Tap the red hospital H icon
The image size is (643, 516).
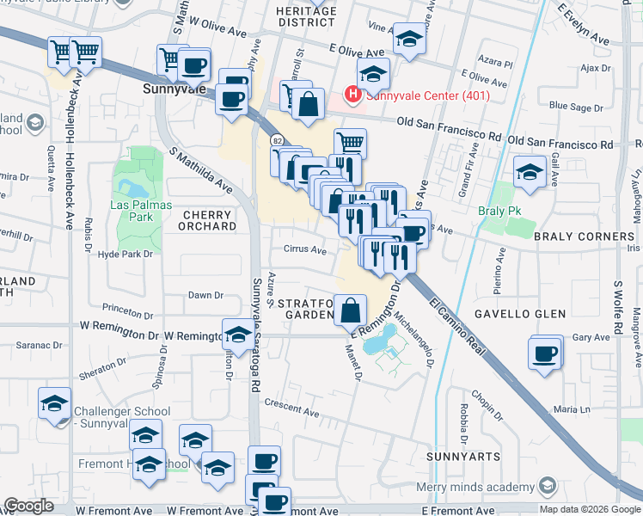pyautogui.click(x=352, y=94)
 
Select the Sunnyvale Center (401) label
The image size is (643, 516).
pyautogui.click(x=428, y=95)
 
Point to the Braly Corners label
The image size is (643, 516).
pyautogui.click(x=584, y=236)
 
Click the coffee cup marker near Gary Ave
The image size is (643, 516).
pyautogui.click(x=545, y=353)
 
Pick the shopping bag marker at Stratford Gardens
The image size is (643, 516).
pyautogui.click(x=351, y=310)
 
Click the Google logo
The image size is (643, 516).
pyautogui.click(x=28, y=507)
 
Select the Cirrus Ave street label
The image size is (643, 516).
pyautogui.click(x=305, y=250)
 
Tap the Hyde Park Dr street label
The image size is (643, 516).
pyautogui.click(x=126, y=254)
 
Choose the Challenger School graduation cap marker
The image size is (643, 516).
pyautogui.click(x=55, y=403)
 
